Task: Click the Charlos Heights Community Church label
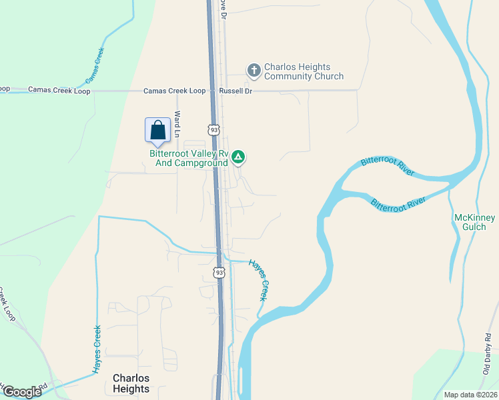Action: pyautogui.click(x=304, y=71)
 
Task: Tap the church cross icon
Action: pyautogui.click(x=254, y=70)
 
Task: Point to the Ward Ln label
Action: pyautogui.click(x=177, y=124)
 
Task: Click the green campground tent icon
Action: pyautogui.click(x=239, y=157)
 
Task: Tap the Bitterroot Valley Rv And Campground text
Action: pyautogui.click(x=189, y=157)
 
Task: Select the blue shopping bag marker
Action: pyautogui.click(x=157, y=129)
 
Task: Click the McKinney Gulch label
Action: pyautogui.click(x=474, y=222)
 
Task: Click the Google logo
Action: pyautogui.click(x=21, y=392)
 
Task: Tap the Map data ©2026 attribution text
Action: pyautogui.click(x=470, y=395)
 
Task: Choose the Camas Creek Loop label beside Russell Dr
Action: pyautogui.click(x=176, y=91)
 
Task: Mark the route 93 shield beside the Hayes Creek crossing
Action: pyautogui.click(x=219, y=272)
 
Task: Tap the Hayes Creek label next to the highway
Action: pyautogui.click(x=258, y=279)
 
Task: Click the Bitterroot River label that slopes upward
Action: pyautogui.click(x=387, y=167)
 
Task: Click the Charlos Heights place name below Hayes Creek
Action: pyautogui.click(x=131, y=383)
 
